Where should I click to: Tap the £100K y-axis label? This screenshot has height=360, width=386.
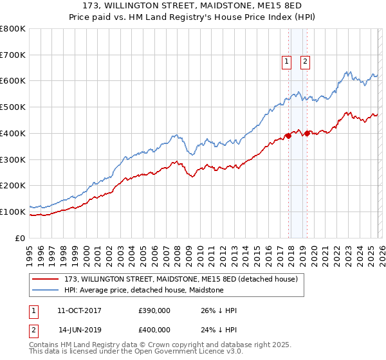pos(13,212)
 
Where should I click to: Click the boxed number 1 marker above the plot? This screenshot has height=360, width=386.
pos(286,62)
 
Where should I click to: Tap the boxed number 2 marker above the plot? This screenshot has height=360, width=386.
pos(305,62)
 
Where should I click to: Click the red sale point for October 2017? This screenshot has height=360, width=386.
pos(288,136)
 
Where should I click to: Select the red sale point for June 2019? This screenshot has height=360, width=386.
pos(308,133)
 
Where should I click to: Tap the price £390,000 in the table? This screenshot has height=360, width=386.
pos(154,310)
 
